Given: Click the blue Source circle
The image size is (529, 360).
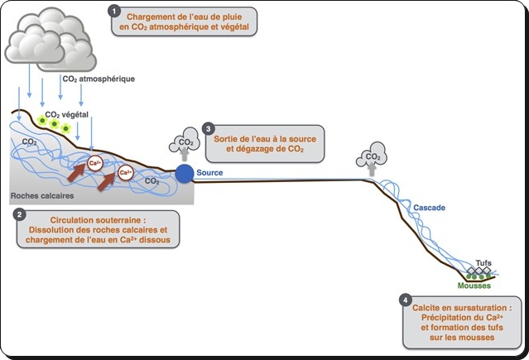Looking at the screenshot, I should click(x=184, y=173).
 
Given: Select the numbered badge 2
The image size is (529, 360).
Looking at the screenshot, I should click(x=20, y=213).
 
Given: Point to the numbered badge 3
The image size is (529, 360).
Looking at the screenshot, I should click(x=208, y=129).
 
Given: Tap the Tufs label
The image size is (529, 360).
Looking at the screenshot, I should click(x=483, y=263).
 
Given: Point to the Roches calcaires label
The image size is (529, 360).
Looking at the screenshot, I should click(x=38, y=197).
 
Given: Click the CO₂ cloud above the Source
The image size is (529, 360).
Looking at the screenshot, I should click(x=184, y=142).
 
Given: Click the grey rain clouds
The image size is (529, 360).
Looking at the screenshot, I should click(x=50, y=37).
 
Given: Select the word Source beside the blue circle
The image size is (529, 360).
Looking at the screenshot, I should click(x=209, y=173).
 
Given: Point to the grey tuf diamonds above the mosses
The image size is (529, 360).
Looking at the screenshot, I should click(x=479, y=271).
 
